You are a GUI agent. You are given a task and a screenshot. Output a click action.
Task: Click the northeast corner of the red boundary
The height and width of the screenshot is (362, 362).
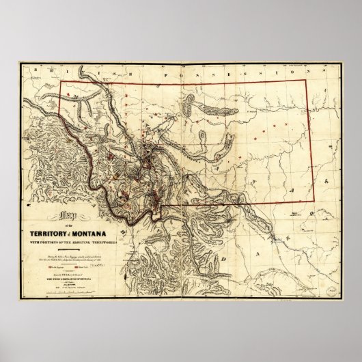316,83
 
